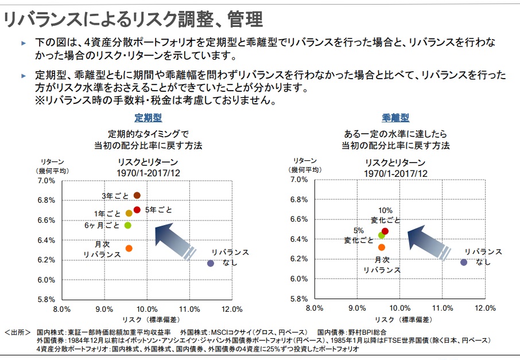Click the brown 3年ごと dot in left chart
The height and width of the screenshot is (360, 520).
click(x=137, y=196)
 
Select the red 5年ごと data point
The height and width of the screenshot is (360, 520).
click(x=137, y=210)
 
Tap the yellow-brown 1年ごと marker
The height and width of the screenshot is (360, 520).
click(x=129, y=213)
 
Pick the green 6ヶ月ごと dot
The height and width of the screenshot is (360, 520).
click(x=128, y=225)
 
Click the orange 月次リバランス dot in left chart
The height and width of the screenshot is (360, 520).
click(x=129, y=249)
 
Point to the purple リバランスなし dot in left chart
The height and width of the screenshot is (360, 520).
click(x=211, y=263)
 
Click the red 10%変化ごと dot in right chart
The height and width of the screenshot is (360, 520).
click(x=385, y=231)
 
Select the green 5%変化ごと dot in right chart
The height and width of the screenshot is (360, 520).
click(x=381, y=235)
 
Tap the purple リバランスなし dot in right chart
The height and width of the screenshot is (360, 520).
click(x=464, y=262)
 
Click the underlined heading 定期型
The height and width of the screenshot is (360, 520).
click(x=148, y=118)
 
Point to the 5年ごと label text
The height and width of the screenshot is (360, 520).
click(x=158, y=210)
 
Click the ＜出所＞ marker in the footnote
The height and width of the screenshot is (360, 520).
click(x=18, y=332)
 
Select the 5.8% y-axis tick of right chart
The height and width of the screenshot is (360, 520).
click(x=300, y=299)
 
